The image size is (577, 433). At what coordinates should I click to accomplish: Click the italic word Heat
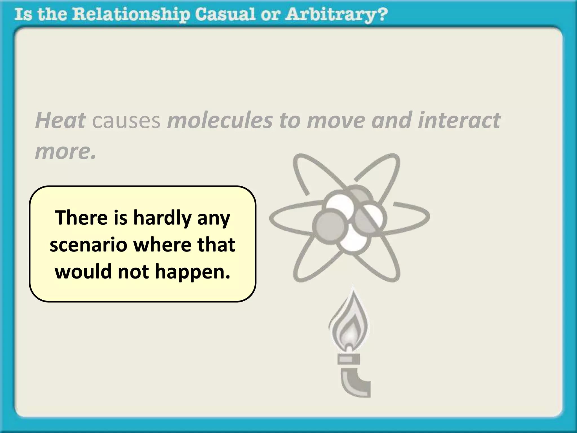[61, 120]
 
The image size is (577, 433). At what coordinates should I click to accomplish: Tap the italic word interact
[459, 120]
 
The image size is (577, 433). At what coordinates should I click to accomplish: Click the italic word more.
[65, 151]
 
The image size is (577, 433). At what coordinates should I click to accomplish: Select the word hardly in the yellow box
[162, 218]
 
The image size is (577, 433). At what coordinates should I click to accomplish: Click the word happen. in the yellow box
[192, 272]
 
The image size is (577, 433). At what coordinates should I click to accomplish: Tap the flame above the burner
[349, 324]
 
